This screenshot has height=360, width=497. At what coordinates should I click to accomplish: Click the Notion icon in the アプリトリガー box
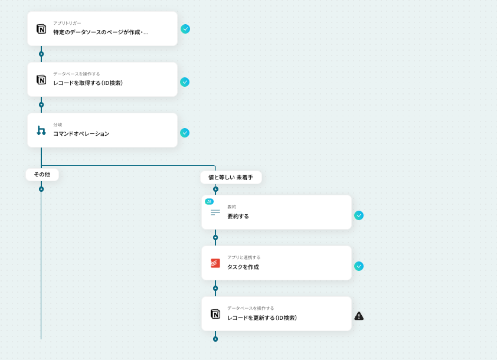point(41,29)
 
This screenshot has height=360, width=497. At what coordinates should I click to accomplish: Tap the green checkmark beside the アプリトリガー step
point(185,29)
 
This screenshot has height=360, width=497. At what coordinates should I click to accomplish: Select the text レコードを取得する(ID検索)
point(88,83)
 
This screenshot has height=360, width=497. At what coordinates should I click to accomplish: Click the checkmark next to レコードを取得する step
point(185,82)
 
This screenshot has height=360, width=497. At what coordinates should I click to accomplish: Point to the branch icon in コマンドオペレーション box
point(41,130)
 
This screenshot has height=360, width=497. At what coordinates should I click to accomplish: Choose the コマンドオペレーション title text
point(81,134)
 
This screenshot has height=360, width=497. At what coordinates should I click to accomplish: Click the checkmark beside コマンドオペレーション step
point(185,133)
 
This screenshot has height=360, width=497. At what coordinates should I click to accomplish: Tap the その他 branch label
point(42,175)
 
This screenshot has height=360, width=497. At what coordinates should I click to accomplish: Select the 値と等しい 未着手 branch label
point(231,177)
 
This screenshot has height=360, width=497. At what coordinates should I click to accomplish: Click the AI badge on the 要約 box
point(209,201)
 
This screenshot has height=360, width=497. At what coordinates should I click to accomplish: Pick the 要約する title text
point(238,217)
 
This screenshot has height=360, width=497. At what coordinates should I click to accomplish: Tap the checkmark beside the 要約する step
point(359,215)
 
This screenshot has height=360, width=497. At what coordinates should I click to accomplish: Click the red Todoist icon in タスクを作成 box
point(215,263)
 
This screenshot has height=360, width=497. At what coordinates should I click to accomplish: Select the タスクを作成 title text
point(243,267)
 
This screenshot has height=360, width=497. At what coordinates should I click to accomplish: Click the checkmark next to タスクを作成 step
point(359,266)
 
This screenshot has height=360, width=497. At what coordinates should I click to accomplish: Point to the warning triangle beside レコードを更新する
point(359,316)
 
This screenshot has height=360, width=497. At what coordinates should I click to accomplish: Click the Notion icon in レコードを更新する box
point(215,314)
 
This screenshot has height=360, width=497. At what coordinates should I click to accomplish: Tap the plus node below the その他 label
point(41,189)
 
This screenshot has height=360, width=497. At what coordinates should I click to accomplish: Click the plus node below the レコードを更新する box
point(215,339)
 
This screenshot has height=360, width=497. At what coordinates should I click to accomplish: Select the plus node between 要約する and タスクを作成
point(215,237)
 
